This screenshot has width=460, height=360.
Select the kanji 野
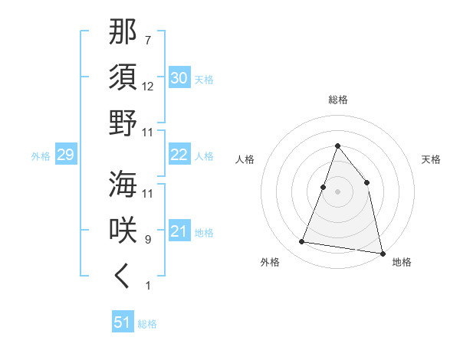(x=123, y=123)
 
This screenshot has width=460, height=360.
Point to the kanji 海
(x=123, y=184)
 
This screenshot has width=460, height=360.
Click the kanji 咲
(x=123, y=230)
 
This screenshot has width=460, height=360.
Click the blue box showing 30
(x=179, y=78)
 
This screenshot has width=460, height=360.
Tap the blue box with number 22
(x=179, y=155)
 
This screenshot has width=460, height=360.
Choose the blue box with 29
(x=65, y=155)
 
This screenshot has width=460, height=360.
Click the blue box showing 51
(x=123, y=322)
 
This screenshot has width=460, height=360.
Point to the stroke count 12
(x=148, y=86)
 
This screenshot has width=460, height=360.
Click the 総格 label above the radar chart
(x=338, y=100)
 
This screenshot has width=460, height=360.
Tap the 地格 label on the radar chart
(x=402, y=263)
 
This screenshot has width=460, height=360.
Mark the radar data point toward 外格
(x=302, y=242)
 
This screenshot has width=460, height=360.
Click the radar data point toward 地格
(x=382, y=253)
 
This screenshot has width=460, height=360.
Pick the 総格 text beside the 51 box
(x=147, y=324)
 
